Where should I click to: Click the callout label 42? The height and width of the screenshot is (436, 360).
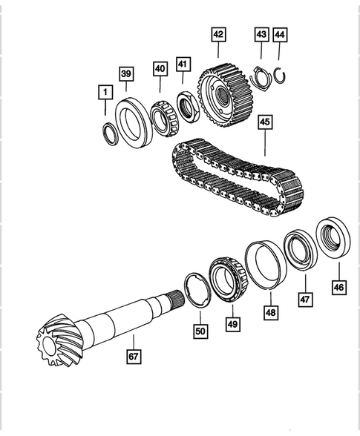[218, 33]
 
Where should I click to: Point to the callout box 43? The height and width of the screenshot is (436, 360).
[261, 34]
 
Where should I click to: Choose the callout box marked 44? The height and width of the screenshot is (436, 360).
[279, 34]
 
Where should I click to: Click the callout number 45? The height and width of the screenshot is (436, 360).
[265, 122]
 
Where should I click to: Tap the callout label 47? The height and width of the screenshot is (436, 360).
[304, 300]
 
